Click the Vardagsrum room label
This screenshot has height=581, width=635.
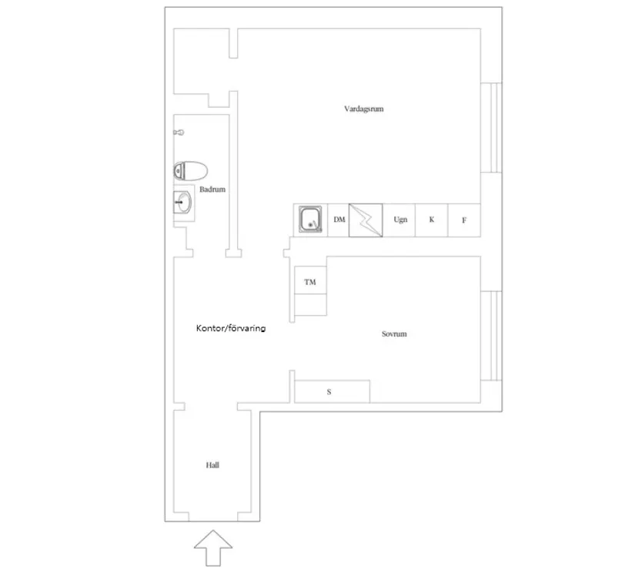(363, 109)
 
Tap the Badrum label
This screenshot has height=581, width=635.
(212, 190)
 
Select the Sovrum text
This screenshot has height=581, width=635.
(394, 334)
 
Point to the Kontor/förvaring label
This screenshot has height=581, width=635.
(231, 328)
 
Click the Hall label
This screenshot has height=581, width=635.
(212, 465)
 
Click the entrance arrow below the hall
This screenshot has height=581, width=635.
(213, 548)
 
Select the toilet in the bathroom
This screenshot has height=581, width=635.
(190, 171)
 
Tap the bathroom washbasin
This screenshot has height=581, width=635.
(182, 202)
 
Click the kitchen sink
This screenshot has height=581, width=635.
(311, 220)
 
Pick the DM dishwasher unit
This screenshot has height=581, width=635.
(338, 220)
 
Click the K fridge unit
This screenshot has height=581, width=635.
(432, 220)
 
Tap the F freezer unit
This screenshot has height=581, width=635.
(464, 220)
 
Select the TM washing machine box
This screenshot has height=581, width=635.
(311, 280)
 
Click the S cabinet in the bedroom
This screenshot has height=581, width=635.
(332, 391)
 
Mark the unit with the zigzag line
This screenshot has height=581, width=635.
(366, 220)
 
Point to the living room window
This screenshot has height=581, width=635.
(491, 128)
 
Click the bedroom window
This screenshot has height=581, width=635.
(491, 336)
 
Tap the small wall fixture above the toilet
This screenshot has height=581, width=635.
(179, 133)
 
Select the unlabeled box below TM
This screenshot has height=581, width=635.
(311, 305)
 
